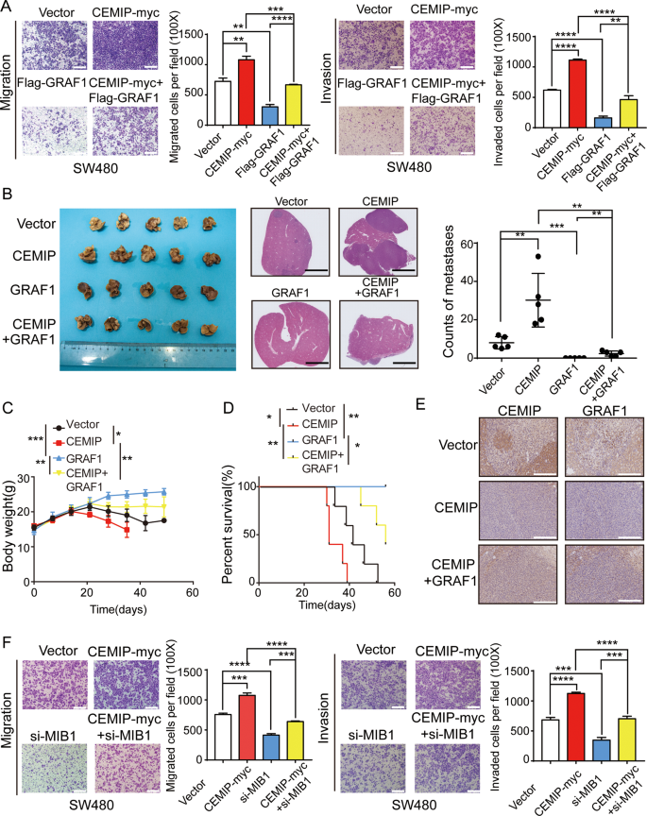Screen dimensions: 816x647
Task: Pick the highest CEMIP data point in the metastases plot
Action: pyautogui.click(x=537, y=257)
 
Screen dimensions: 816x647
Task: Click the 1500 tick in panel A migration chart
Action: pyautogui.click(x=188, y=34)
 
